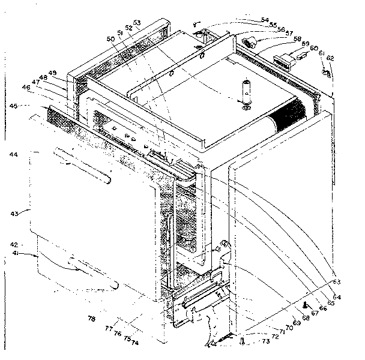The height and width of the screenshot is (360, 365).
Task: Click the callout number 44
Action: [x=13, y=155]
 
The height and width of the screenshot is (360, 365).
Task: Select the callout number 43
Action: [x=14, y=213]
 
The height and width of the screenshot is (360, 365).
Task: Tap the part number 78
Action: [x=91, y=319]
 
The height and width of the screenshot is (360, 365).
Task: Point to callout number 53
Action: [x=137, y=23]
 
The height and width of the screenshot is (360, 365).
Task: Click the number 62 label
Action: [x=331, y=58]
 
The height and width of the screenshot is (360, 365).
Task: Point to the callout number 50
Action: [x=110, y=39]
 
